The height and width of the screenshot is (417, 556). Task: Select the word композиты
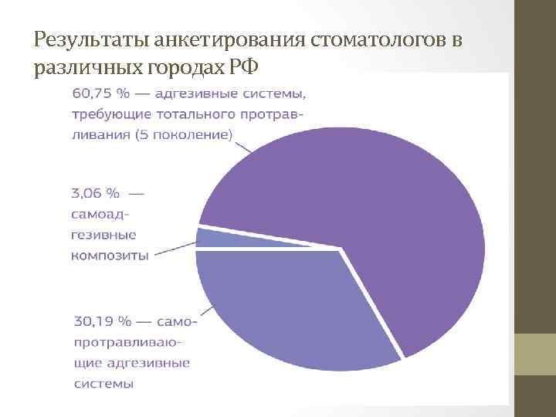coord(110,256)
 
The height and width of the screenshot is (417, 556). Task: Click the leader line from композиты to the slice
coord(173,249)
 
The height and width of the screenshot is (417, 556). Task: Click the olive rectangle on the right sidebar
coord(535,354)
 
